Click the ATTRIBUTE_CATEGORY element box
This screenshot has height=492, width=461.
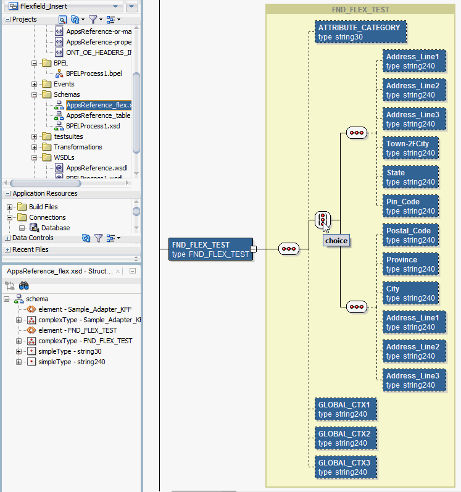[360, 32]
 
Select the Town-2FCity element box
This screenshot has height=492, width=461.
[410, 148]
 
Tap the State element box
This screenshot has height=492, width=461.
[410, 177]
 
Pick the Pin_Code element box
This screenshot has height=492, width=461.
[410, 206]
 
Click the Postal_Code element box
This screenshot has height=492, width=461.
[410, 235]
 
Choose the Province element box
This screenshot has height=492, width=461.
[410, 264]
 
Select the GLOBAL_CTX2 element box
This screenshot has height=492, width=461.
[346, 438]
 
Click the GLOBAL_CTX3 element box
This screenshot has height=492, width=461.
[346, 467]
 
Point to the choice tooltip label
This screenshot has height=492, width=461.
[336, 241]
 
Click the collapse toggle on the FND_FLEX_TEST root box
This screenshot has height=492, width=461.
[254, 249]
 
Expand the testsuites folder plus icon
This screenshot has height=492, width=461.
[34, 136]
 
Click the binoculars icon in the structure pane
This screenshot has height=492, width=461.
[24, 286]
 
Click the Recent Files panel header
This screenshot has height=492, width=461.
[30, 249]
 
